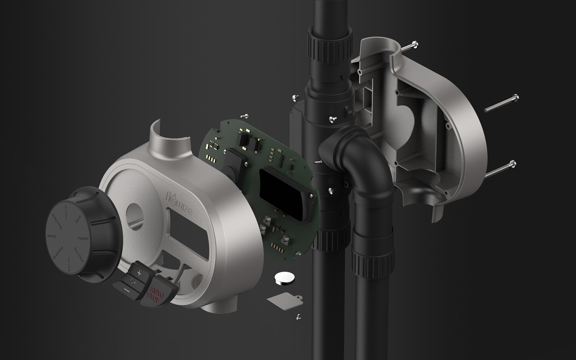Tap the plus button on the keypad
pos(139,273)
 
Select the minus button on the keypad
pos(126,291)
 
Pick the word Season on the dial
pos(51,236)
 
